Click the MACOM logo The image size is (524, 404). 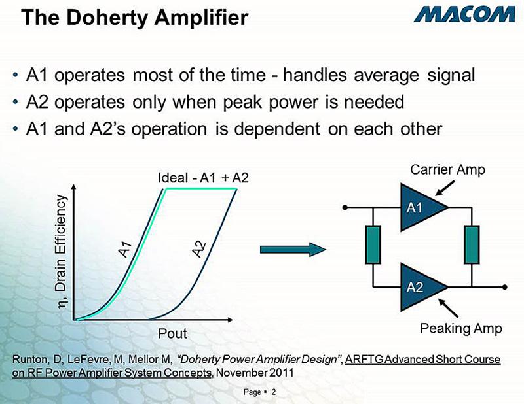pyautogui.click(x=462, y=14)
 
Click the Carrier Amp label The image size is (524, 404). pyautogui.click(x=447, y=171)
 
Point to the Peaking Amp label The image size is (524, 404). pyautogui.click(x=460, y=329)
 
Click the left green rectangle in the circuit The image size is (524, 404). pyautogui.click(x=373, y=247)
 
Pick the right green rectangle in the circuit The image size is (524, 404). pyautogui.click(x=472, y=247)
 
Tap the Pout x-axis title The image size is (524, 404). pyautogui.click(x=173, y=333)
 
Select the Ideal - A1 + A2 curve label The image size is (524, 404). pyautogui.click(x=204, y=178)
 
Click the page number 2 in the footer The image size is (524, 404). pyautogui.click(x=273, y=392)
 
